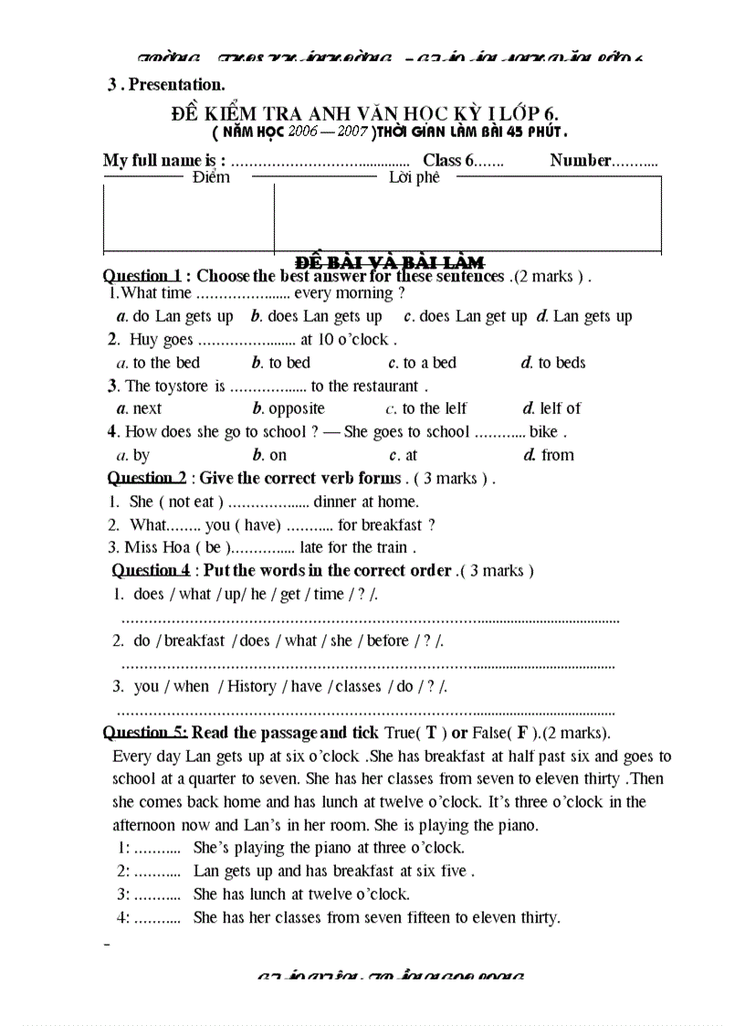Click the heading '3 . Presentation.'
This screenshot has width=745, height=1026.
click(165, 85)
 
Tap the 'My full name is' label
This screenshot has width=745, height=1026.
click(163, 161)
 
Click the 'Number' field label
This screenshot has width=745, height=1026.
click(580, 161)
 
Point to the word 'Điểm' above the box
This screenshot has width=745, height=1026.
click(211, 178)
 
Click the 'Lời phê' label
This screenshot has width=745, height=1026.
click(414, 178)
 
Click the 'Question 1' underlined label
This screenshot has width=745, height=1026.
click(142, 276)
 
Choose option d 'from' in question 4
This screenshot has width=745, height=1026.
click(549, 455)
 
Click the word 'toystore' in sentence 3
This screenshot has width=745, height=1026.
click(182, 386)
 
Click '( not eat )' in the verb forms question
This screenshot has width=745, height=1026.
click(190, 502)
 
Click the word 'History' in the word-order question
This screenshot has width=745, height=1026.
click(251, 687)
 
